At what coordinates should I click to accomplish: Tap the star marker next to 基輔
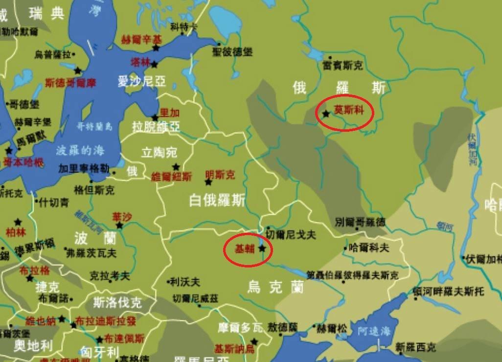[x=262, y=249]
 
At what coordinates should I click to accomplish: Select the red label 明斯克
[x=220, y=175]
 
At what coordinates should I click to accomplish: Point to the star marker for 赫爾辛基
[x=156, y=48]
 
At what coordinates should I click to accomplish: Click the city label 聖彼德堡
[x=232, y=51]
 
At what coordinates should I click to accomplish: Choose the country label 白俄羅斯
[x=217, y=200]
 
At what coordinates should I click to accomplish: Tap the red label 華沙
[x=122, y=217]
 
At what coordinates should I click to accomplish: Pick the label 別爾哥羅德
[x=360, y=222]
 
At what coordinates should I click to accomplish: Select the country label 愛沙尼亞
[x=141, y=81]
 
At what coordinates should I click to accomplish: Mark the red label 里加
[x=170, y=113]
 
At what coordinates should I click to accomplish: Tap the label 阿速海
[x=374, y=332]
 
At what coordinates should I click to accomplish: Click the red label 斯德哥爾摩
[x=70, y=83]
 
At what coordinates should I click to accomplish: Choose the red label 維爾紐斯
[x=172, y=177]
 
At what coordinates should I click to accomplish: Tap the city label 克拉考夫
[x=110, y=276]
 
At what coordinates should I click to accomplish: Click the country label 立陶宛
[x=159, y=152]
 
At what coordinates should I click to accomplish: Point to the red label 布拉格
[x=34, y=271]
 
